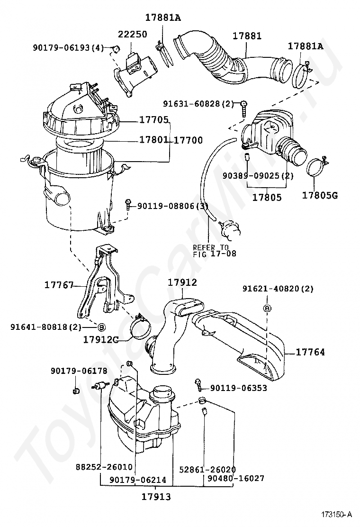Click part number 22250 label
133,34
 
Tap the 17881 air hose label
247,36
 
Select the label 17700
188,140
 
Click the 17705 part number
154,119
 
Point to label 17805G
320,195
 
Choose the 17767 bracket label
59,285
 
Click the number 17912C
101,340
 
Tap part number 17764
310,352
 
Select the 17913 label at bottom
156,496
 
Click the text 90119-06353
239,388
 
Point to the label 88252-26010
104,467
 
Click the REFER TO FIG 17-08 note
215,251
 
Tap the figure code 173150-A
337,515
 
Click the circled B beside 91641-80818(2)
101,327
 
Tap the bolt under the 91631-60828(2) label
244,108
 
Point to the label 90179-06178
79,371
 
